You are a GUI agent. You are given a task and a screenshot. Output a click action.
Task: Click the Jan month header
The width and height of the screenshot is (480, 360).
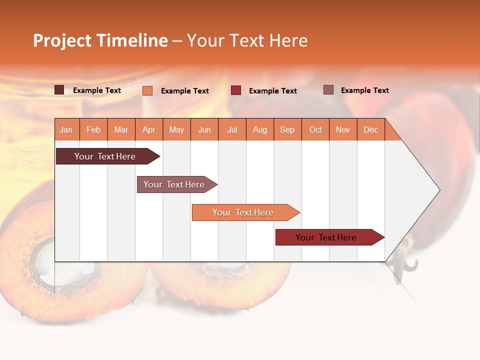click(66, 129)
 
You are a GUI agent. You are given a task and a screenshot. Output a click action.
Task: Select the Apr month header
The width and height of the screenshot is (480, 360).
click(149, 129)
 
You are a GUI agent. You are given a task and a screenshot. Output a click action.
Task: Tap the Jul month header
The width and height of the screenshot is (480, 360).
click(232, 129)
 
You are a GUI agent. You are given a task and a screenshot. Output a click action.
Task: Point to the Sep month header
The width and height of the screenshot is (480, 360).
click(287, 129)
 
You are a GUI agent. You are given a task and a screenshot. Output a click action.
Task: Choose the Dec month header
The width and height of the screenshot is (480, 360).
click(370, 129)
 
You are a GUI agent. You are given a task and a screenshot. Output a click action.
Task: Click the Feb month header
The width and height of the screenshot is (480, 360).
click(93, 129)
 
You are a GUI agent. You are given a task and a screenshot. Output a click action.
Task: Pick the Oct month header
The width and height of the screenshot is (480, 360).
click(315, 129)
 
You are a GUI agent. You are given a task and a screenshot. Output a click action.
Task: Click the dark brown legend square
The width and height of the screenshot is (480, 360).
click(59, 90)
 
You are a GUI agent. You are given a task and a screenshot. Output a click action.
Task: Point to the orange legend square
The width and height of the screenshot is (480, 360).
click(147, 90)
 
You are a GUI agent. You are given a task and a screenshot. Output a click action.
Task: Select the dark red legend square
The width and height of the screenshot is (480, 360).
click(236, 90)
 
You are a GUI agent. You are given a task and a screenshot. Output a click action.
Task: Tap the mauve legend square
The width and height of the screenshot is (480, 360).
click(328, 90)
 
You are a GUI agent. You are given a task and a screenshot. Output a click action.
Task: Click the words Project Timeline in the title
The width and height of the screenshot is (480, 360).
click(100, 40)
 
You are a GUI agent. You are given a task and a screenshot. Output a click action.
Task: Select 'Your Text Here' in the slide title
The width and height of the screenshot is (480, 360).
click(247, 40)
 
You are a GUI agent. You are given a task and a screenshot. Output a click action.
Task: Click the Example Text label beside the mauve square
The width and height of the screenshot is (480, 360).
click(364, 90)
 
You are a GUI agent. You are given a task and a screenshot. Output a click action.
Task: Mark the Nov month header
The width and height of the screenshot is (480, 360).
click(343, 129)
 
